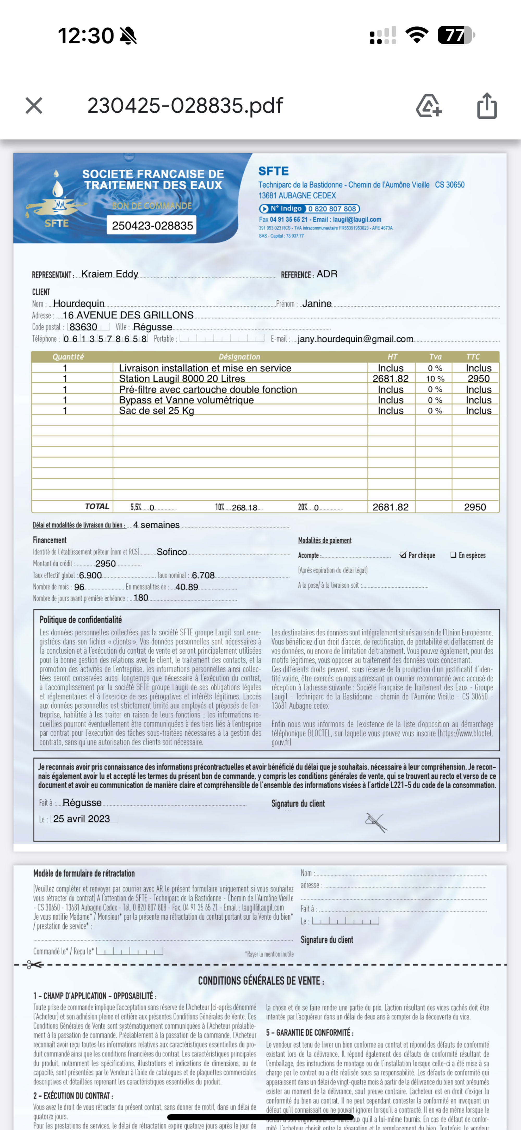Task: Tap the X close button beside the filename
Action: tap(34, 106)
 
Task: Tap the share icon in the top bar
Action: tap(487, 106)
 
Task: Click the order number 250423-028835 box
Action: tap(152, 225)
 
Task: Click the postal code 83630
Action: tap(83, 327)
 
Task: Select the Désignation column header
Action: tap(239, 357)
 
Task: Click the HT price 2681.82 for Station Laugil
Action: tap(390, 378)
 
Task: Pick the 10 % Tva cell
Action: tap(435, 378)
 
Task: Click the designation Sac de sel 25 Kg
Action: tap(157, 411)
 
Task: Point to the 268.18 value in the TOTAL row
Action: tap(244, 508)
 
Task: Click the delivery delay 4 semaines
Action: tap(157, 525)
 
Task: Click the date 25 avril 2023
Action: tap(82, 819)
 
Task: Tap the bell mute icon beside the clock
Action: tap(128, 35)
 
